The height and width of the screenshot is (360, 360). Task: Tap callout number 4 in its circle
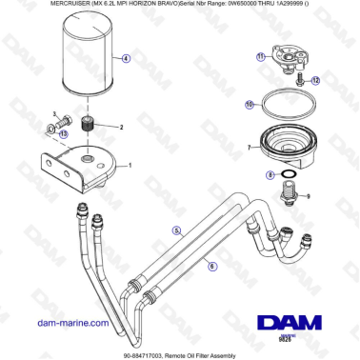126,57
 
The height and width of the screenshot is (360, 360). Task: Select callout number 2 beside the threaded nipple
121,127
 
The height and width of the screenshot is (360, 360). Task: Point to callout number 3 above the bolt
54,113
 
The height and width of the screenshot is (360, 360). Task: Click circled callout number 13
63,134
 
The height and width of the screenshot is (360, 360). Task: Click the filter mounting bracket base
84,164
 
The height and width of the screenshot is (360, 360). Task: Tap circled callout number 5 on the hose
175,230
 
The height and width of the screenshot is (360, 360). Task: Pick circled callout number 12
316,81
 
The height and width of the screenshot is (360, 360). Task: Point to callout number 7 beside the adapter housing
247,149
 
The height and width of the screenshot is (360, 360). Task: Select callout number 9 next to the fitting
307,196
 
